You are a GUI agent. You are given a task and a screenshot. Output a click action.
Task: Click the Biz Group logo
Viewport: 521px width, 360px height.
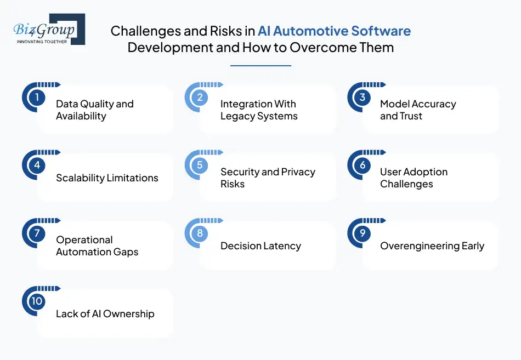pos(48,29)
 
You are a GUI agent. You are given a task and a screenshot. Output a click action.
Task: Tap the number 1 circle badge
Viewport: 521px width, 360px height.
pos(37,98)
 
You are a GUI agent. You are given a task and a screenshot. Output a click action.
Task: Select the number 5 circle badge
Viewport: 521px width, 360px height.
pos(200,165)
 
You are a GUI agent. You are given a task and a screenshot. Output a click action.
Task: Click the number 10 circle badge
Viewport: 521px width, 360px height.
pos(37,301)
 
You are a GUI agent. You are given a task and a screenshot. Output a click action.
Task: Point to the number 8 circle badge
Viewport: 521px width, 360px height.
pos(200,233)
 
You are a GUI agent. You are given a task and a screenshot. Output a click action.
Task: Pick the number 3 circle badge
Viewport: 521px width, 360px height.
pos(363,98)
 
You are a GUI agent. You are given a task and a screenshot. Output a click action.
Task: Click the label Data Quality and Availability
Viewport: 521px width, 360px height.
pos(95,110)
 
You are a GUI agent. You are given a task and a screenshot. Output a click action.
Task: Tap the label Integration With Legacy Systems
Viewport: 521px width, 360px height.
pos(259,110)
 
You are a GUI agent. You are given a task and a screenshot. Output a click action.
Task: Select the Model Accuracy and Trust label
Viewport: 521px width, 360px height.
pos(418,110)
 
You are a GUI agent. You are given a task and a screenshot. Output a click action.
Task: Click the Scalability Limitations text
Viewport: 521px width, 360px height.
pos(107,178)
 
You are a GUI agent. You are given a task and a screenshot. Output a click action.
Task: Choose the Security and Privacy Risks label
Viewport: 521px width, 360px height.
pos(268,178)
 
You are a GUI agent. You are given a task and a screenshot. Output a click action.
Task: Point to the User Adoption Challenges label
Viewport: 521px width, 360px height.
pos(414,178)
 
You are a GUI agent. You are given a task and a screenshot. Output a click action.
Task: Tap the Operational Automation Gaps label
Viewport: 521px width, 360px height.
pos(97,246)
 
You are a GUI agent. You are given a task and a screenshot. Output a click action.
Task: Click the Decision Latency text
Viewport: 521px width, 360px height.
pos(260,246)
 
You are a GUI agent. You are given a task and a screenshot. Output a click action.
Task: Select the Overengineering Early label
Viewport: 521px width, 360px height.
pos(432,246)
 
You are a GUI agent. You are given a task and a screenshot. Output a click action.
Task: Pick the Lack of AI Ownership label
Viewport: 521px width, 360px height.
pos(105,314)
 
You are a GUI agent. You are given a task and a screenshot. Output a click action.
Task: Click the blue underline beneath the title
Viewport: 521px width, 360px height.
pos(260,66)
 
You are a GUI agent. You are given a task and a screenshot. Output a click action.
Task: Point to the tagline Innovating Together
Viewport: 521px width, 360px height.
pos(42,42)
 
